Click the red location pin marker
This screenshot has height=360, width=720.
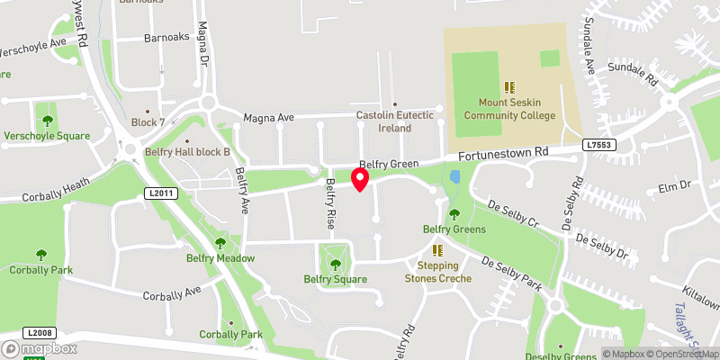[x=360, y=179]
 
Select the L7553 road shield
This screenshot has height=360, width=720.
[x=598, y=144]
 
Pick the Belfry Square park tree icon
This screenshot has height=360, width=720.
[x=336, y=265]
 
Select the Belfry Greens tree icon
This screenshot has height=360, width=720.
[x=454, y=214]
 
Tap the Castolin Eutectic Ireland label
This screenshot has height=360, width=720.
[x=395, y=121]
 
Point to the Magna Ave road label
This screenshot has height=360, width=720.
[x=269, y=118]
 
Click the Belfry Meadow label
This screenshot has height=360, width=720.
[x=220, y=258]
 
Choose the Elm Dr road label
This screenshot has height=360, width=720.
[x=673, y=186]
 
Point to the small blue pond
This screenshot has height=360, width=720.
[x=454, y=178]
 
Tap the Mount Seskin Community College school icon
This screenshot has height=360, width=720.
[x=508, y=87]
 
